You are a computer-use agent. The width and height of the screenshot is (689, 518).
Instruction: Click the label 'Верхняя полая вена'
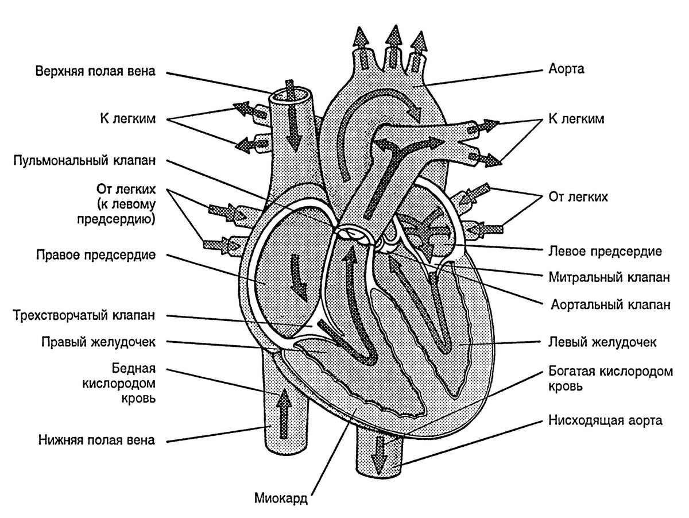pyautogui.click(x=95, y=72)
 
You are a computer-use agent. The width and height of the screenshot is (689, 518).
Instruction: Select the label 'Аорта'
pyautogui.click(x=567, y=69)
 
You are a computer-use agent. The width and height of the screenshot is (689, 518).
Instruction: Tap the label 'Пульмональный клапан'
pyautogui.click(x=84, y=161)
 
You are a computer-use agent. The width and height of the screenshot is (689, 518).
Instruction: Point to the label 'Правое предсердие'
pyautogui.click(x=96, y=255)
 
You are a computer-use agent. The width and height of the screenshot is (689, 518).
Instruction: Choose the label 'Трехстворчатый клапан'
pyautogui.click(x=84, y=315)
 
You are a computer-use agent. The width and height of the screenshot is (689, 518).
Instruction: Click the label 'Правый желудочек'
pyautogui.click(x=99, y=342)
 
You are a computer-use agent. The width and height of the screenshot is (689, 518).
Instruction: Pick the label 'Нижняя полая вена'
pyautogui.click(x=96, y=440)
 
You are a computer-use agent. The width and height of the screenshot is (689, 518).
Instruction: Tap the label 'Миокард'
pyautogui.click(x=281, y=498)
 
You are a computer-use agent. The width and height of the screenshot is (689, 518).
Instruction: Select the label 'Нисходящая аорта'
pyautogui.click(x=606, y=421)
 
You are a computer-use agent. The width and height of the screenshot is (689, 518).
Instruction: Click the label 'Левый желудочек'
pyautogui.click(x=603, y=342)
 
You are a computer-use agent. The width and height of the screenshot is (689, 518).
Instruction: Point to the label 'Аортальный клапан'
pyautogui.click(x=611, y=304)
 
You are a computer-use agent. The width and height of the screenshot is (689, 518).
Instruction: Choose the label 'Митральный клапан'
pyautogui.click(x=610, y=277)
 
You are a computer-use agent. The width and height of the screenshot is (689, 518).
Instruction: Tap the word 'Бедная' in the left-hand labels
pyautogui.click(x=134, y=368)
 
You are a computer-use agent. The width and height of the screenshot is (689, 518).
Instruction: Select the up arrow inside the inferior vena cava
pyautogui.click(x=285, y=413)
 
